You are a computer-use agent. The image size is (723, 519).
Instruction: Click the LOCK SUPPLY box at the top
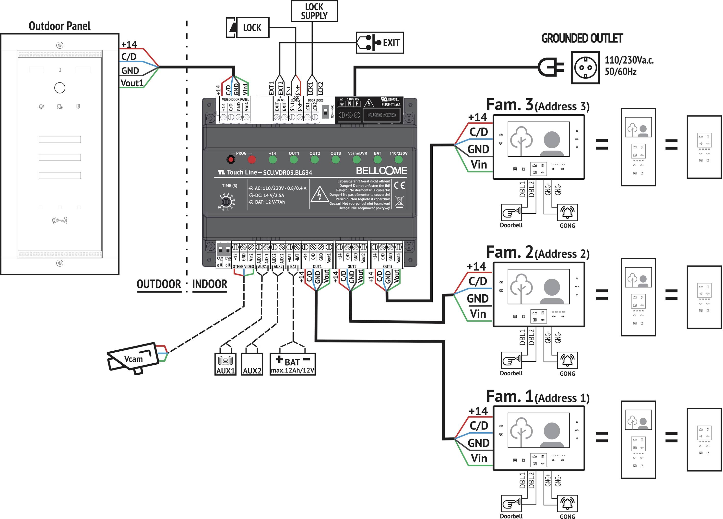[x=314, y=11]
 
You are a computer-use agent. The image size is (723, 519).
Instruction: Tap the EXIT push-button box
[x=380, y=43]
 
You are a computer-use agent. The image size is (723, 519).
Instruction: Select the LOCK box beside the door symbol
[x=248, y=28]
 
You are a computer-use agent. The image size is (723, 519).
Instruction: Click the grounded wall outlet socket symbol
[x=585, y=68]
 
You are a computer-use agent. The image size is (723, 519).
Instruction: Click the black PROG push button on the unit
[x=230, y=159]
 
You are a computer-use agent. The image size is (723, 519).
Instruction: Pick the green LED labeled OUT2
[x=314, y=159]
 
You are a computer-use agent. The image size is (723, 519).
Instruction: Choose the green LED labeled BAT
[x=378, y=159]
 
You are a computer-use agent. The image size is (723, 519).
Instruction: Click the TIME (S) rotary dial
[x=226, y=202]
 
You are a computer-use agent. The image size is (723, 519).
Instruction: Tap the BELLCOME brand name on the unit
[x=381, y=171]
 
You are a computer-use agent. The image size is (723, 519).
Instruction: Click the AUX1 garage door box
[x=225, y=364]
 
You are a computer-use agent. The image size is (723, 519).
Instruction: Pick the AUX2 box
[x=252, y=364]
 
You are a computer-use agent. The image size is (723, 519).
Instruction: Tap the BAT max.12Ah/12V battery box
[x=292, y=364]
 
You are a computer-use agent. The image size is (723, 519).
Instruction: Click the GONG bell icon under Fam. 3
[x=567, y=212]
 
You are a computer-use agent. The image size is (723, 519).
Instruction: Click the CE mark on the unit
[x=399, y=185]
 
